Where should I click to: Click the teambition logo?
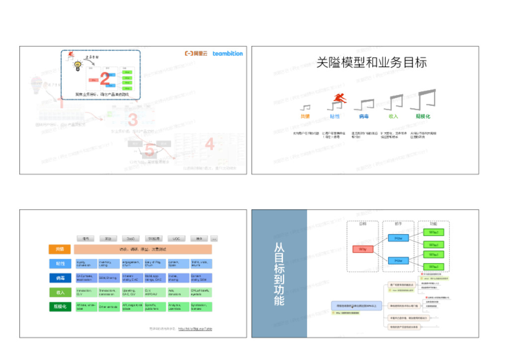pyautogui.click(x=228, y=53)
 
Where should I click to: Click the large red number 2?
pyautogui.click(x=104, y=79)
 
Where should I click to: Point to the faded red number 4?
pyautogui.click(x=210, y=144)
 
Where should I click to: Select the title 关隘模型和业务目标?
pyautogui.click(x=371, y=63)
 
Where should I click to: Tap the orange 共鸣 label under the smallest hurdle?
pyautogui.click(x=305, y=116)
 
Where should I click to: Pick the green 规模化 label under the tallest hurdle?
pyautogui.click(x=423, y=116)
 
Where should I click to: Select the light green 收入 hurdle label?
pyautogui.click(x=393, y=116)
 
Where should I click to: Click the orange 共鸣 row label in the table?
pyautogui.click(x=60, y=250)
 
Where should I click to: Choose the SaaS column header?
pyautogui.click(x=131, y=239)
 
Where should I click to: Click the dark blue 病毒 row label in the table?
pyautogui.click(x=60, y=278)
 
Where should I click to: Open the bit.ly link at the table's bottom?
pyautogui.click(x=195, y=329)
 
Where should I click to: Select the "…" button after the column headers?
pyautogui.click(x=214, y=239)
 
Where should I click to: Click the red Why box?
pyautogui.click(x=362, y=249)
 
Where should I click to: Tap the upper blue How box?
pyautogui.click(x=398, y=238)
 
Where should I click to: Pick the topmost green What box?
pyautogui.click(x=433, y=232)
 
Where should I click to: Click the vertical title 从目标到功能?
pyautogui.click(x=279, y=273)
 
